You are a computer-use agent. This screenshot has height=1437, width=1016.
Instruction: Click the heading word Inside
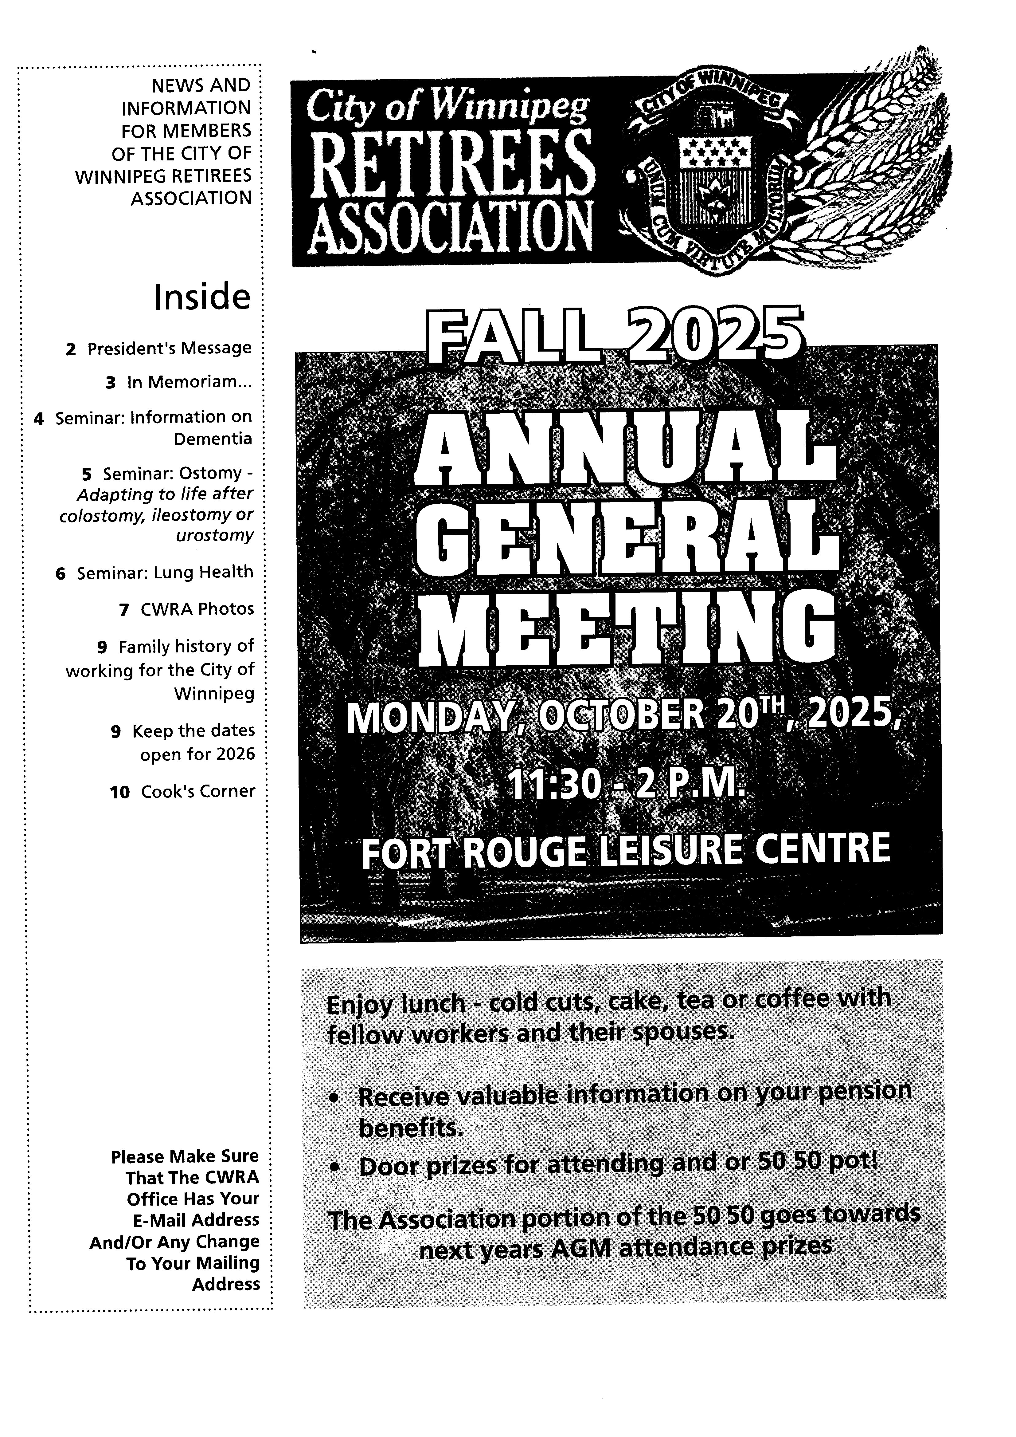(202, 297)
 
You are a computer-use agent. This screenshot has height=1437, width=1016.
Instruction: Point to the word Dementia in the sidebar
(213, 439)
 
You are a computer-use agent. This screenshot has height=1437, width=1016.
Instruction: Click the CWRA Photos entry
(197, 608)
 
